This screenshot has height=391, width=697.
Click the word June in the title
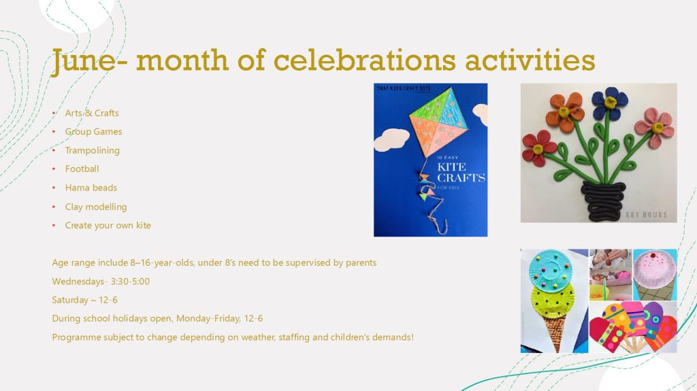[82, 61]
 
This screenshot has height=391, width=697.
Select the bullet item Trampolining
[93, 151]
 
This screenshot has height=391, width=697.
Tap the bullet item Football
[82, 169]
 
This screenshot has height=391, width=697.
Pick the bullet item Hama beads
[91, 188]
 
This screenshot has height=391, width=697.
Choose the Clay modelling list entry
[96, 207]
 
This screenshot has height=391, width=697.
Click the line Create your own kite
[108, 225]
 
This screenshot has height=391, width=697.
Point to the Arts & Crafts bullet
[92, 114]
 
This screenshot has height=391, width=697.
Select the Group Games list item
[93, 132]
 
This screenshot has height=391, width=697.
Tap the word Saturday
[70, 300]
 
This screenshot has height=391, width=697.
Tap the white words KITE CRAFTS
[461, 173]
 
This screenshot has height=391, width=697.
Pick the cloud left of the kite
[391, 139]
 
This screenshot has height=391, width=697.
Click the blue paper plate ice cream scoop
[550, 271]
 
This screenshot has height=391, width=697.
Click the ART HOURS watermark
[646, 215]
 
